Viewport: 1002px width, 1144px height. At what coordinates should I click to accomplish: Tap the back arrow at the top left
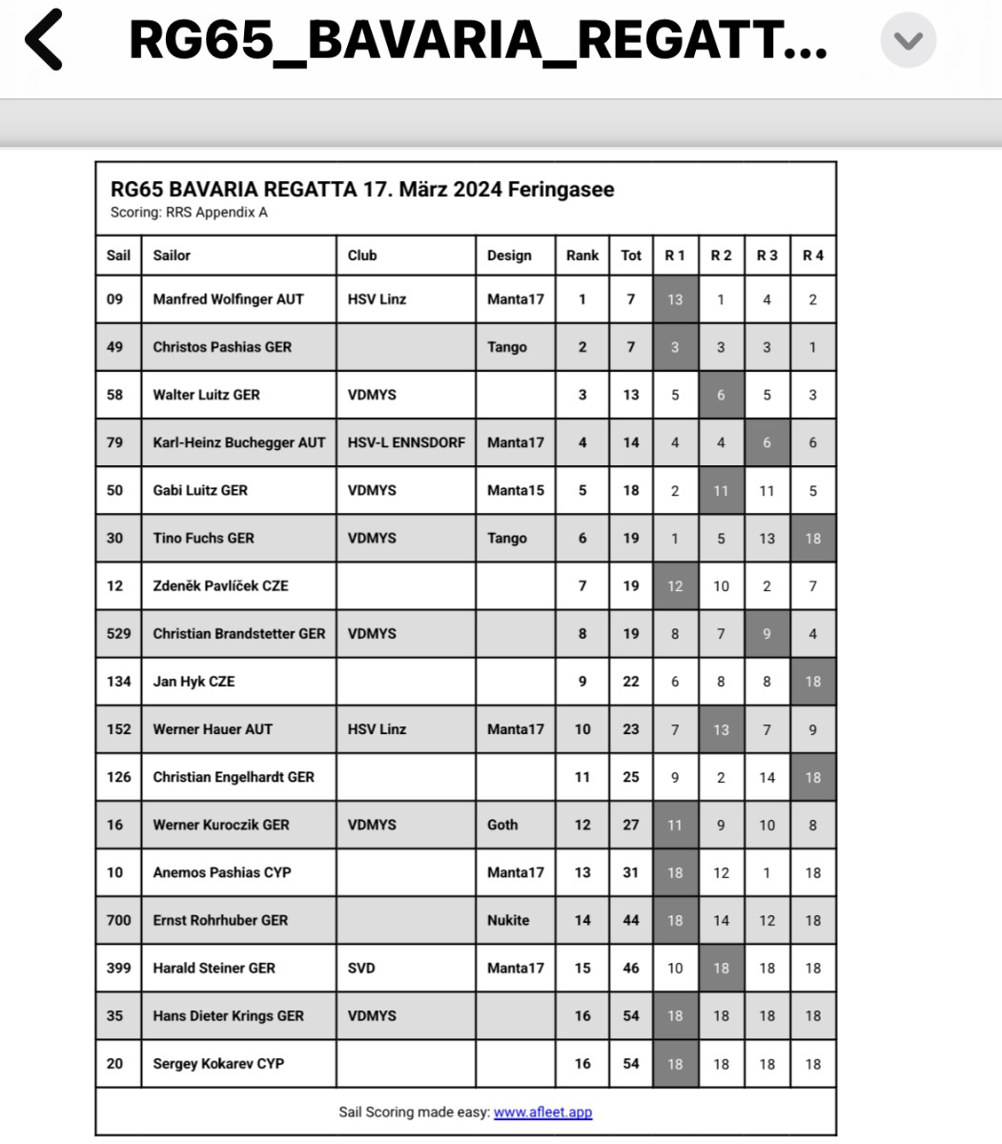tap(43, 40)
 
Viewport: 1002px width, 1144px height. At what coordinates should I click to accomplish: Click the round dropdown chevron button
tap(908, 41)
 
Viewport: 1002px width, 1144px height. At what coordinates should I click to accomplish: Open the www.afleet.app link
tap(542, 1112)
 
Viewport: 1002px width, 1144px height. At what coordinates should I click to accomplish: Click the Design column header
tap(509, 255)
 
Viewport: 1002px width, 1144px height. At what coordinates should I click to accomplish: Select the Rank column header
tap(582, 255)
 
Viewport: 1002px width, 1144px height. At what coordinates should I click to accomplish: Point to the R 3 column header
tap(767, 255)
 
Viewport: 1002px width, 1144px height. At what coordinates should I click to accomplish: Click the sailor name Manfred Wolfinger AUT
tap(228, 299)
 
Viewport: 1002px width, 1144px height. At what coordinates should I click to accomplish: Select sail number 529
tap(118, 634)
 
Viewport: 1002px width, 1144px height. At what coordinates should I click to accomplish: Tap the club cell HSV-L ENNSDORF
tap(406, 442)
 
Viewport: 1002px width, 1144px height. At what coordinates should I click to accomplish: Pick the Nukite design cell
tap(508, 920)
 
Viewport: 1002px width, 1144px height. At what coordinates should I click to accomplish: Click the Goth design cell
tap(502, 825)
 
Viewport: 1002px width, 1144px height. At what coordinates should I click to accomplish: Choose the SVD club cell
tap(361, 968)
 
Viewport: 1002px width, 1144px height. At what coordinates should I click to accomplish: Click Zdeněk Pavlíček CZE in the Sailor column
tap(220, 586)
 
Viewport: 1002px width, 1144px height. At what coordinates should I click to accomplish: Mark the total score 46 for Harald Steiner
tap(630, 968)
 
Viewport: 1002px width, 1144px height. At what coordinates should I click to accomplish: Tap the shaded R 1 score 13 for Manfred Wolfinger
tap(675, 299)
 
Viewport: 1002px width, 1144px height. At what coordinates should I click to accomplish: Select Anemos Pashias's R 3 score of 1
tap(767, 872)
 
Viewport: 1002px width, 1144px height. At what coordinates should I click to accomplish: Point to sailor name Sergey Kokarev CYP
tap(218, 1064)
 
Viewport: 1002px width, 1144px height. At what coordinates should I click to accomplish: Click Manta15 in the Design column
tap(515, 490)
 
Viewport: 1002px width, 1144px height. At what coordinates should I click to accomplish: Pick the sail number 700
tap(118, 920)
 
